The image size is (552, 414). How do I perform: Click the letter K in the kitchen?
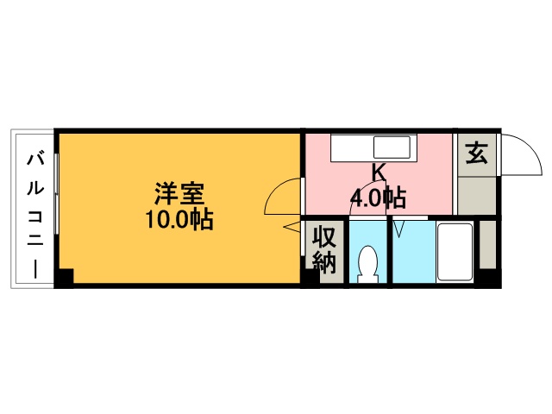click(x=378, y=172)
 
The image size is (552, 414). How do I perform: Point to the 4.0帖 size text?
click(x=377, y=198)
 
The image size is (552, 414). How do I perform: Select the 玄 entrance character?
click(x=477, y=154)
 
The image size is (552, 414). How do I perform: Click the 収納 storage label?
click(x=324, y=249)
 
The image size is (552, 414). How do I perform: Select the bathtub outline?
click(x=455, y=252)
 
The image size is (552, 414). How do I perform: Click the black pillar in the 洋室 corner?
click(x=65, y=277)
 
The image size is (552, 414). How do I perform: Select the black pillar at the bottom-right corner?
click(x=489, y=278)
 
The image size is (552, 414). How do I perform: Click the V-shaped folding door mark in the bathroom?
click(x=400, y=229)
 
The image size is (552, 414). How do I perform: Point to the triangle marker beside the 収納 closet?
click(x=292, y=227)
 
